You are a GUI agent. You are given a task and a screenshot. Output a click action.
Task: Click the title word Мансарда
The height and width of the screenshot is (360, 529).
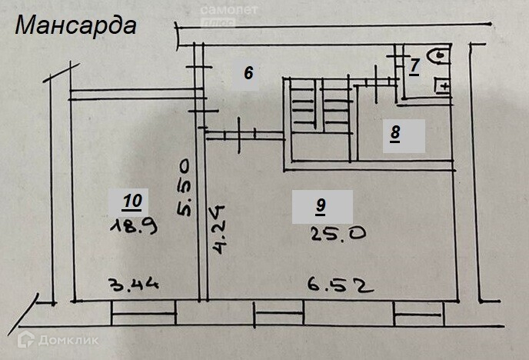[x=75, y=25]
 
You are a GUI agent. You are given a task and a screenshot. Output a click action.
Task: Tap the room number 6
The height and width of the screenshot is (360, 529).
[x=248, y=73]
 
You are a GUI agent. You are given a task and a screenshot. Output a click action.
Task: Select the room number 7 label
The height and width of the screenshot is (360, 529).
[x=414, y=65]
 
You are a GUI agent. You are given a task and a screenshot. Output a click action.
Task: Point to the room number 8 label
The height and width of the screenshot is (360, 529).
[x=395, y=133]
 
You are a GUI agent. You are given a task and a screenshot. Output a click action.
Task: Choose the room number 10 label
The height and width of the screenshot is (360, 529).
[x=131, y=202]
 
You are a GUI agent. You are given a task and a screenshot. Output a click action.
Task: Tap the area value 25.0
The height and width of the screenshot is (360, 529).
[x=337, y=234]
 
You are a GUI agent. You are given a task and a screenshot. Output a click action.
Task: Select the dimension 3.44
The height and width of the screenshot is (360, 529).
[x=134, y=285]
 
